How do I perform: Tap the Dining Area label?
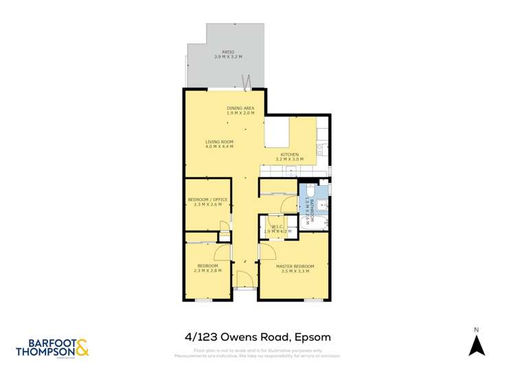241,108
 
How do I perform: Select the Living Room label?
220,142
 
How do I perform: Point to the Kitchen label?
289,155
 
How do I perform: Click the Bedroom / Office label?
207,199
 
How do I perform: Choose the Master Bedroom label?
295,266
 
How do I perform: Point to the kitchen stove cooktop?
321,147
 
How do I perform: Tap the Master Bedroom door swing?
266,252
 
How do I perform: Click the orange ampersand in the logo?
81,348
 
